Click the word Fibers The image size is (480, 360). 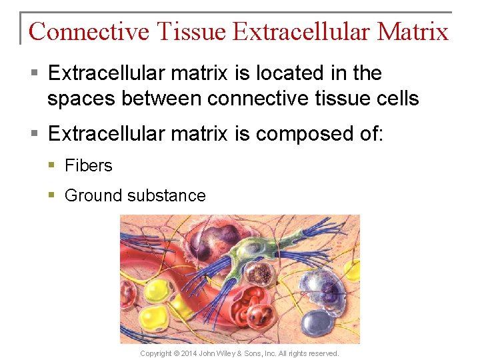point(89,165)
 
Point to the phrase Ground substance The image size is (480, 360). point(135,195)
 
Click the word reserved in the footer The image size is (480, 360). point(323,353)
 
